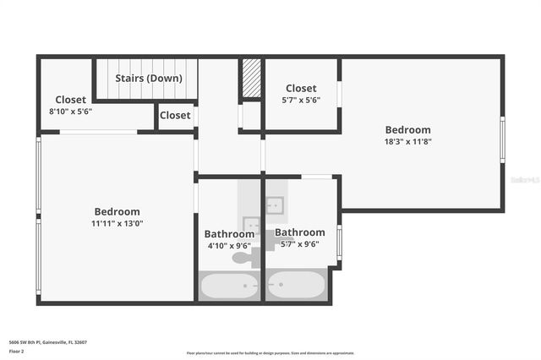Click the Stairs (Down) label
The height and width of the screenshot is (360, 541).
(149, 79)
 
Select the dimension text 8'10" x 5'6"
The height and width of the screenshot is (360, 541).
(71, 111)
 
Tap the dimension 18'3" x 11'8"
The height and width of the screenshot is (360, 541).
(408, 142)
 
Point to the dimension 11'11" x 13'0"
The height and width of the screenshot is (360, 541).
(117, 224)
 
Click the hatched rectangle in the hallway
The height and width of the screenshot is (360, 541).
(251, 79)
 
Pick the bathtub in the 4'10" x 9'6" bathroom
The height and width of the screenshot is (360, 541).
(229, 286)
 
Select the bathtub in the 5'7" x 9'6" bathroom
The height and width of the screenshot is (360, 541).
(296, 286)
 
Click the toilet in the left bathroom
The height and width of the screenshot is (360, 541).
(243, 257)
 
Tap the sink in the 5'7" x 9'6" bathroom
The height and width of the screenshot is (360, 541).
(275, 205)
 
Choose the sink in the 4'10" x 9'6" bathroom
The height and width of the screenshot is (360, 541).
(250, 225)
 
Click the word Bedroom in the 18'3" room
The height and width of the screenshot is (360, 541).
(408, 130)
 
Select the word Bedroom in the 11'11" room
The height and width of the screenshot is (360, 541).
(117, 212)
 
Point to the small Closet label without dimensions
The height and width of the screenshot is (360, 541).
(175, 116)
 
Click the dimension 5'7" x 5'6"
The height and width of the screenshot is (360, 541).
(301, 100)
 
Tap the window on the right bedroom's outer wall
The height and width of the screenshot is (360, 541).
(502, 139)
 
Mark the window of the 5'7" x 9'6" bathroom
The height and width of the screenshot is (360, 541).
(339, 241)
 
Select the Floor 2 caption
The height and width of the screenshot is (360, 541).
(17, 351)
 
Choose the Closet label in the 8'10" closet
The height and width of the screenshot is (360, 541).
(71, 100)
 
